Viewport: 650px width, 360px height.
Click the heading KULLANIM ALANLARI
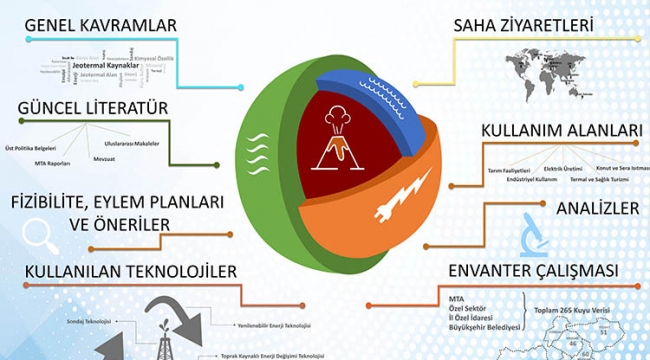tap(547, 132)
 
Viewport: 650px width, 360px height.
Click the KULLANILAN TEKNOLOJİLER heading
tap(124, 271)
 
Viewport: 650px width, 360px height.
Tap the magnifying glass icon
tap(37, 234)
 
